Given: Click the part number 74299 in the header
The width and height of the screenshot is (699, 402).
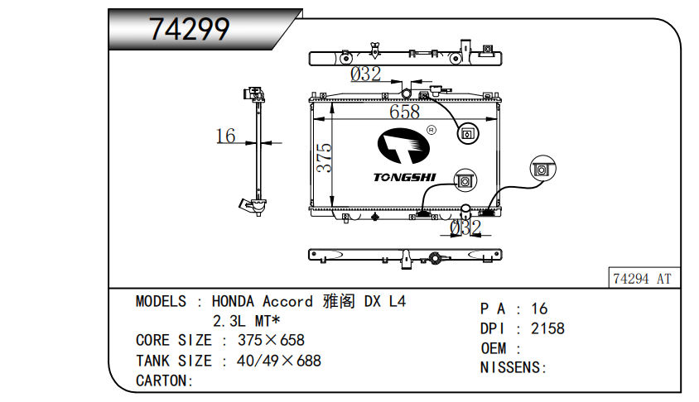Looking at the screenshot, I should tap(189, 30).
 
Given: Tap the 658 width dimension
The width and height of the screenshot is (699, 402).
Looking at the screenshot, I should tap(404, 112).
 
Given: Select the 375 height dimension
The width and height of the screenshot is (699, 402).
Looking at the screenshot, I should tap(324, 158).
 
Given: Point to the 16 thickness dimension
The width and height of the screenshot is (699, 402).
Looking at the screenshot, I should tap(225, 136).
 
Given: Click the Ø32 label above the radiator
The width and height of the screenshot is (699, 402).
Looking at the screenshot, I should tap(365, 74).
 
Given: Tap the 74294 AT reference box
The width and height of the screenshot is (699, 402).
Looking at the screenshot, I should tap(642, 279).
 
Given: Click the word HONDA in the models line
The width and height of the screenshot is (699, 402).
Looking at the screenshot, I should tap(234, 302).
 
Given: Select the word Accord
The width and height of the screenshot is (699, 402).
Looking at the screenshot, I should tap(288, 302).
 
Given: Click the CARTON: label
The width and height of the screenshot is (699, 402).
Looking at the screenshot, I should tap(164, 380).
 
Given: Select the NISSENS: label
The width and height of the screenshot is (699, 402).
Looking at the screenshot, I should tap(513, 367).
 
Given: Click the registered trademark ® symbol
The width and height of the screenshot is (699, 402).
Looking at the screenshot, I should tap(431, 130).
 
